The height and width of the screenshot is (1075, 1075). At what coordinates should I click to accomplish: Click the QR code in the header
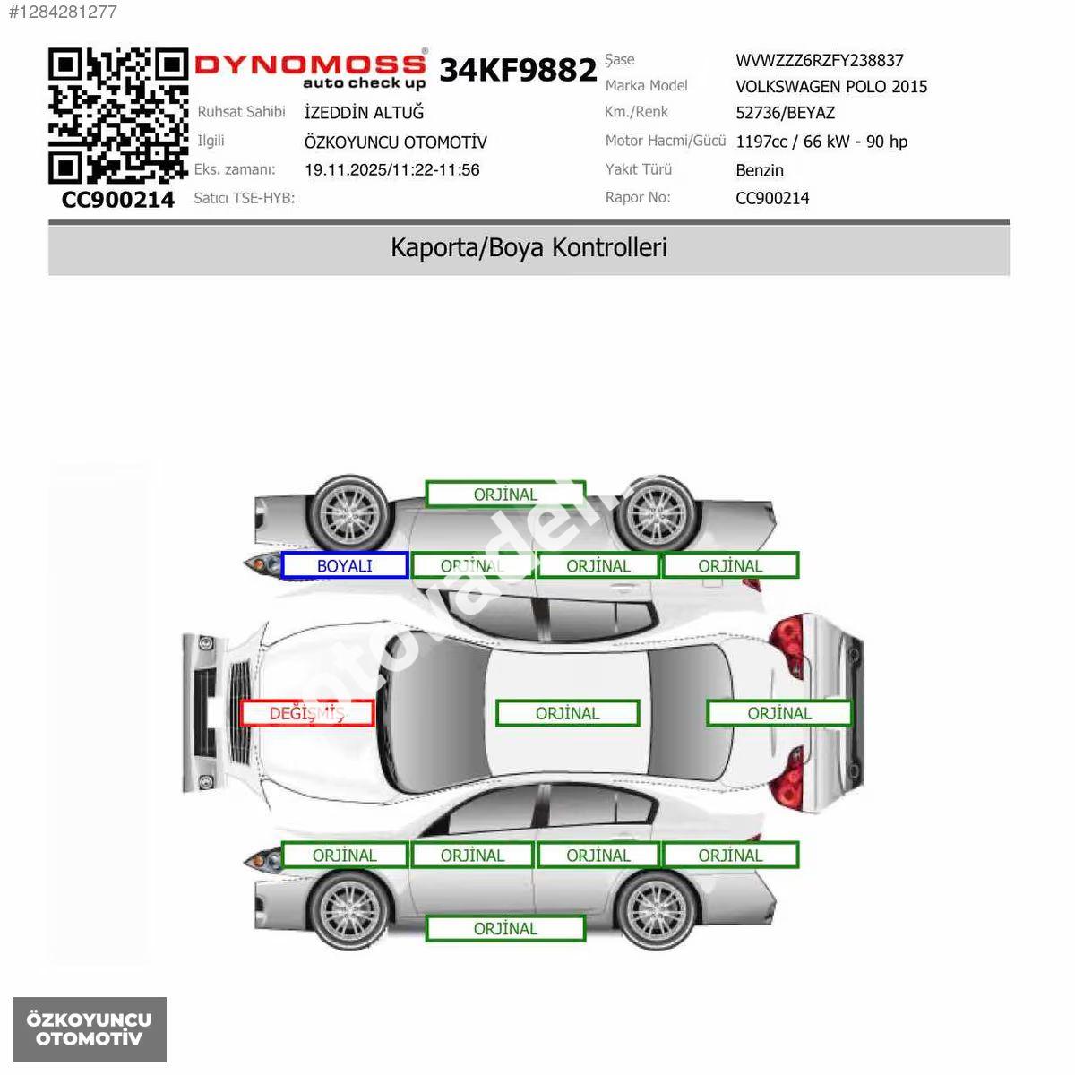(117, 116)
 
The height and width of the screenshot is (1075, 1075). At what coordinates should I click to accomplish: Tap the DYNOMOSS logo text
(310, 64)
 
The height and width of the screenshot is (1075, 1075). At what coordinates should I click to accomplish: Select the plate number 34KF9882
(518, 70)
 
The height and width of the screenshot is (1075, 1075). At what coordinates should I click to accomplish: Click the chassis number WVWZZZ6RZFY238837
(819, 60)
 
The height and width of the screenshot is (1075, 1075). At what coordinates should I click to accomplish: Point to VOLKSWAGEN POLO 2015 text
(831, 87)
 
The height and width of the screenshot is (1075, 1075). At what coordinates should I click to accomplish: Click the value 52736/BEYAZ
(785, 113)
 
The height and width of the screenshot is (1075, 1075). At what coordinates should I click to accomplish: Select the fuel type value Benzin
(760, 170)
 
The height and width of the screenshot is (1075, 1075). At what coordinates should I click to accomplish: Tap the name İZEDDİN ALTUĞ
(364, 112)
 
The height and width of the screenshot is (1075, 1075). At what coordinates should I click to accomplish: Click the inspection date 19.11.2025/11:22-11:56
(391, 169)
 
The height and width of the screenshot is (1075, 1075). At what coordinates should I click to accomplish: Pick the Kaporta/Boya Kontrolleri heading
(529, 247)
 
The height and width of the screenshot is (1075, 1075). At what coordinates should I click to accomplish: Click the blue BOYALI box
(344, 565)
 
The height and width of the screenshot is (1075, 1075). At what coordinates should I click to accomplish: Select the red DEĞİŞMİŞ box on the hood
(307, 713)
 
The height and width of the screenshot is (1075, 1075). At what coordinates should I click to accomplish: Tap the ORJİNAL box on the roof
(567, 713)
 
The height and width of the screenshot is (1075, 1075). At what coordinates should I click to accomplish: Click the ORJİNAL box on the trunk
(778, 713)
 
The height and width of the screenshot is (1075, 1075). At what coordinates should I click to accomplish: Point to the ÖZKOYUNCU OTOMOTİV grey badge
(90, 1029)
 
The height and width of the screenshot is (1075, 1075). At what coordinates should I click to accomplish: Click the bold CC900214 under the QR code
(117, 199)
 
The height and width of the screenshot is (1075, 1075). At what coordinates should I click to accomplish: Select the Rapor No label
(638, 197)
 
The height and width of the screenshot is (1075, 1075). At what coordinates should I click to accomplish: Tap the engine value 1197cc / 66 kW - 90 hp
(821, 142)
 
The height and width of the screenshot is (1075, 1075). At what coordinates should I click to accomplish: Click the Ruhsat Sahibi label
(241, 112)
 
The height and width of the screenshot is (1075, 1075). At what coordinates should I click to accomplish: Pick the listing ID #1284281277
(63, 13)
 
